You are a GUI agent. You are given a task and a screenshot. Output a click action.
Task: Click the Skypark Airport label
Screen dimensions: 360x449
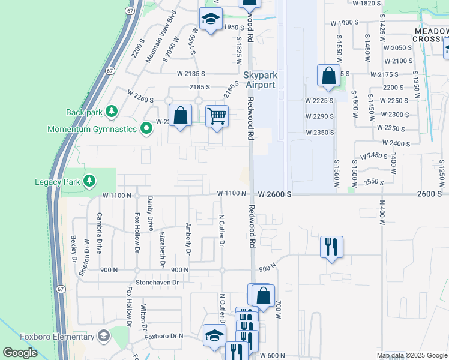(259, 80)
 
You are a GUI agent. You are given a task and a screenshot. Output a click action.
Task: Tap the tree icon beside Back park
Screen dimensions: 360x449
(111, 111)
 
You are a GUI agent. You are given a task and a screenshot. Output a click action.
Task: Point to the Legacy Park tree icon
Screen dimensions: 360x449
(89, 180)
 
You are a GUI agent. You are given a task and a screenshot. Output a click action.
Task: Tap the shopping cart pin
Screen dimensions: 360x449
(217, 116)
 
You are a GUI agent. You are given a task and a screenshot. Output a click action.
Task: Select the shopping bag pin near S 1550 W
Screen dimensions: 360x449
(328, 76)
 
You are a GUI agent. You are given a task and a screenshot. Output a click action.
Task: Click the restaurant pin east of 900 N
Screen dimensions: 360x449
(331, 246)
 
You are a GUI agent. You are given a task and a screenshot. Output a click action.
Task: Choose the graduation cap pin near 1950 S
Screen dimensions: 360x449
(211, 19)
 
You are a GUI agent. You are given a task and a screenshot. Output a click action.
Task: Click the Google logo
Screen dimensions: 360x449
(20, 353)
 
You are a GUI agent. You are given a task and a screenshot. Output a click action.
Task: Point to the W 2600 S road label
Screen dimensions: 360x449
(276, 194)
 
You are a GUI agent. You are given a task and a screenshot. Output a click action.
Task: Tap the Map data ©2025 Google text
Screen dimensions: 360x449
(412, 355)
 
